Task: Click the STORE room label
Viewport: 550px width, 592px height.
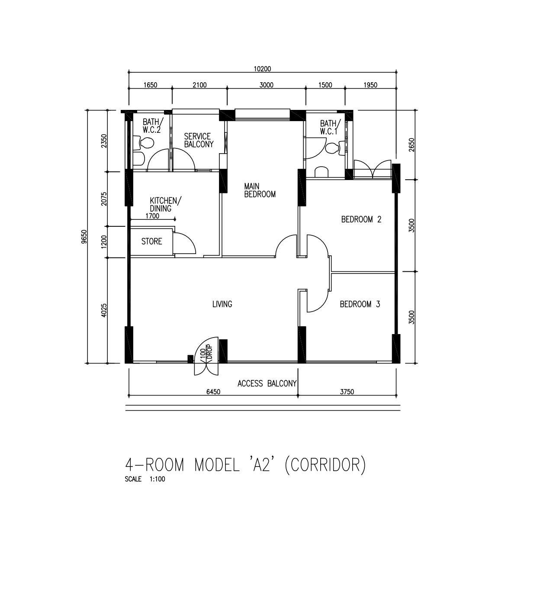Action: pyautogui.click(x=152, y=241)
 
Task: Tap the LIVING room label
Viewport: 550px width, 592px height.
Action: pyautogui.click(x=222, y=304)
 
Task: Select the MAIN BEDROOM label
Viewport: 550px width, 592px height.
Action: pyautogui.click(x=260, y=190)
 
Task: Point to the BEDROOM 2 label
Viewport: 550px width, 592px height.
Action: pyautogui.click(x=361, y=219)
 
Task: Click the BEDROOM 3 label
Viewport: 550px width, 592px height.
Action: pyautogui.click(x=360, y=304)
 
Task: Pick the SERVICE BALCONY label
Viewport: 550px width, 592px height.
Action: pyautogui.click(x=199, y=140)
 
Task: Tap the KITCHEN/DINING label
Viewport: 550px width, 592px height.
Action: pyautogui.click(x=165, y=204)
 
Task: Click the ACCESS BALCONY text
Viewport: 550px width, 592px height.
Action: pyautogui.click(x=267, y=383)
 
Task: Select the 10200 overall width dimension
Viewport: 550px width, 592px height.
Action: pyautogui.click(x=262, y=69)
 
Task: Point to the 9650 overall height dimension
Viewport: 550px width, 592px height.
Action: pyautogui.click(x=84, y=237)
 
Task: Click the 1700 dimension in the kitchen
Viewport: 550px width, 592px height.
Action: pyautogui.click(x=152, y=216)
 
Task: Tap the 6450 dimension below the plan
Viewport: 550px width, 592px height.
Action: pyautogui.click(x=213, y=392)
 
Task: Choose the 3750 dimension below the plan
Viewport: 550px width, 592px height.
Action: pyautogui.click(x=347, y=392)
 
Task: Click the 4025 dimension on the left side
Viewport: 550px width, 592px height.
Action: pyautogui.click(x=104, y=310)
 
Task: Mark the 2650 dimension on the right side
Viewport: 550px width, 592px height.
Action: pyautogui.click(x=412, y=145)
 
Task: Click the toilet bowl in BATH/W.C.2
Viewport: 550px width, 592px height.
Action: pyautogui.click(x=144, y=143)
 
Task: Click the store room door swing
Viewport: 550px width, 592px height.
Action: pyautogui.click(x=184, y=243)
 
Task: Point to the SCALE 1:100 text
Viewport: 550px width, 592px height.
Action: pyautogui.click(x=145, y=479)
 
